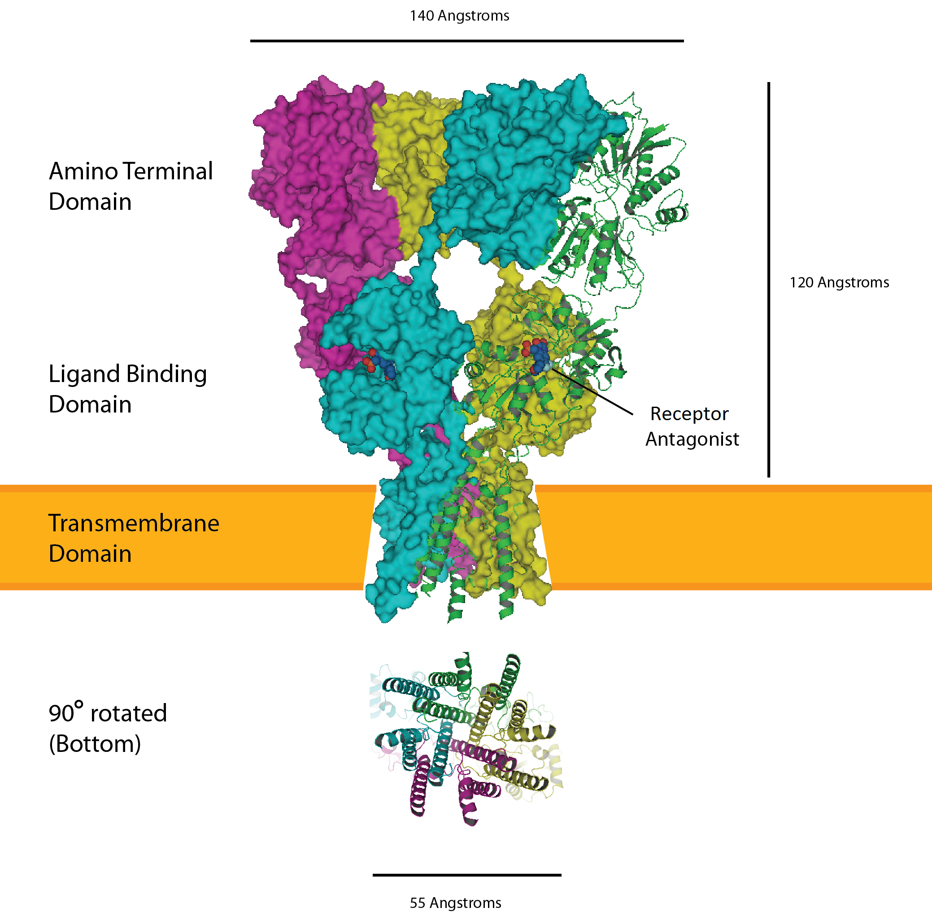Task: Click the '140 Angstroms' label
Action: pyautogui.click(x=459, y=16)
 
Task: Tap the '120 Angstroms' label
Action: pyautogui.click(x=839, y=282)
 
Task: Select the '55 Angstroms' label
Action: pyautogui.click(x=455, y=903)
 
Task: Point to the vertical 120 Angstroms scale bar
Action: pyautogui.click(x=769, y=280)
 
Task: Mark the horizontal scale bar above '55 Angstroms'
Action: pyautogui.click(x=467, y=875)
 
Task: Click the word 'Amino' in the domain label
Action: pyautogui.click(x=83, y=171)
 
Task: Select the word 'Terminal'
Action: pyautogui.click(x=168, y=171)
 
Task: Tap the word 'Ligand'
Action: pyautogui.click(x=84, y=374)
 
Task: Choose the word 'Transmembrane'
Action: pyautogui.click(x=134, y=523)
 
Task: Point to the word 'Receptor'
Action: pyautogui.click(x=689, y=414)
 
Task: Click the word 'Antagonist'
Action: pyautogui.click(x=692, y=439)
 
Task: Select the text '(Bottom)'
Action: pyautogui.click(x=95, y=744)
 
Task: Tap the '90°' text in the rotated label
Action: pyautogui.click(x=65, y=713)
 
